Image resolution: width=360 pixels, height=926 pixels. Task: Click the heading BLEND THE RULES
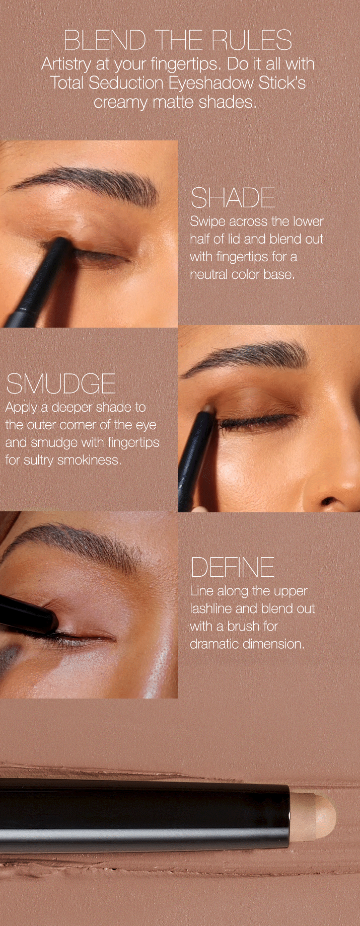(x=178, y=40)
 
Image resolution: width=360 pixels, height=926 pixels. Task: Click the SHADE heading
(x=233, y=198)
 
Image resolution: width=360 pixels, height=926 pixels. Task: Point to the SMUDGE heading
(x=61, y=384)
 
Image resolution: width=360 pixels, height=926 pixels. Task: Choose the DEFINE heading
(x=232, y=568)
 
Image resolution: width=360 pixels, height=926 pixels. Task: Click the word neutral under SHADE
(x=208, y=274)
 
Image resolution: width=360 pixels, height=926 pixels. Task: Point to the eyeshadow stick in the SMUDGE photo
(x=196, y=458)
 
